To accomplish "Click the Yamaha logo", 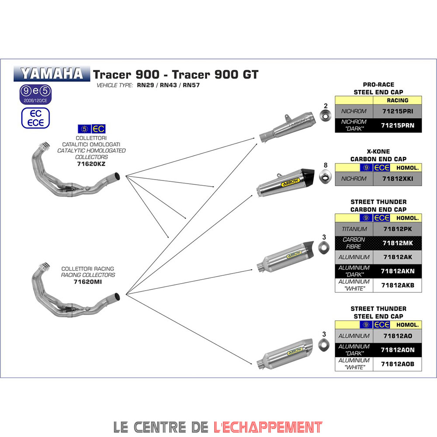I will [52, 73].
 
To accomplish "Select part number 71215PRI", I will [397, 111].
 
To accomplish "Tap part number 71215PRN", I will [397, 125].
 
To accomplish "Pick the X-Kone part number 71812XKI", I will [397, 179].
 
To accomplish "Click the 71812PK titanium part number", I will [397, 229].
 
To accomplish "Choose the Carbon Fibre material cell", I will [354, 243].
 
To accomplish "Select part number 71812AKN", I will [397, 271].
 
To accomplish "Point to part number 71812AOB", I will [397, 364].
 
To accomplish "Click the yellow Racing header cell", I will [397, 101].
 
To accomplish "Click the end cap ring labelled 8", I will [325, 177].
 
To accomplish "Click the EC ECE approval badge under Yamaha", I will [35, 118].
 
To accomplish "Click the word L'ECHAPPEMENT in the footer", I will [268, 426].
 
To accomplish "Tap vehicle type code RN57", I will [191, 85].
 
